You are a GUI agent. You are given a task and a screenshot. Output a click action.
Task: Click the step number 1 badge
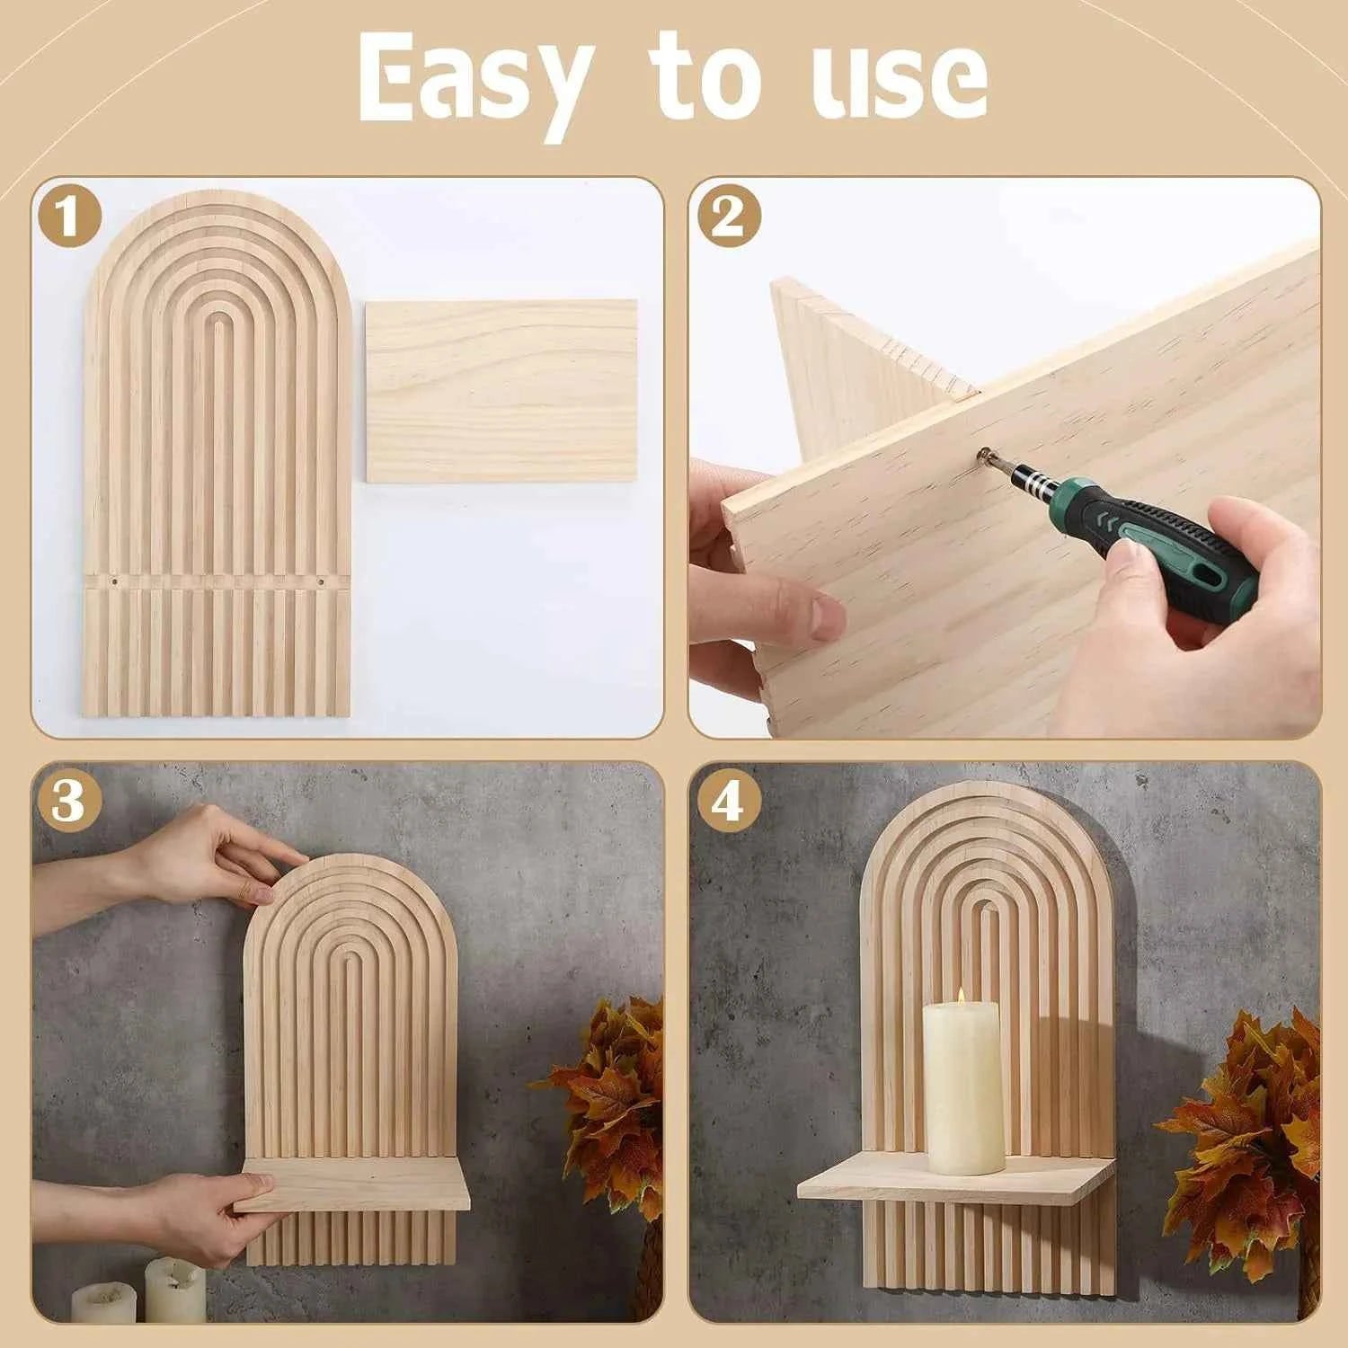pyautogui.click(x=69, y=217)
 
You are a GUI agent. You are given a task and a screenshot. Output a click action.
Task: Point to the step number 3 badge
pyautogui.click(x=69, y=800)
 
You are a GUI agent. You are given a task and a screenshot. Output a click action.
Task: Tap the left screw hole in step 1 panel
pyautogui.click(x=115, y=582)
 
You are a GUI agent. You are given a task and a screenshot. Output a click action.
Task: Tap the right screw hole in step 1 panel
pyautogui.click(x=320, y=582)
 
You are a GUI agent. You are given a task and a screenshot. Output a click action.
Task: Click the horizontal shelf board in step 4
pyautogui.click(x=953, y=1182)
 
